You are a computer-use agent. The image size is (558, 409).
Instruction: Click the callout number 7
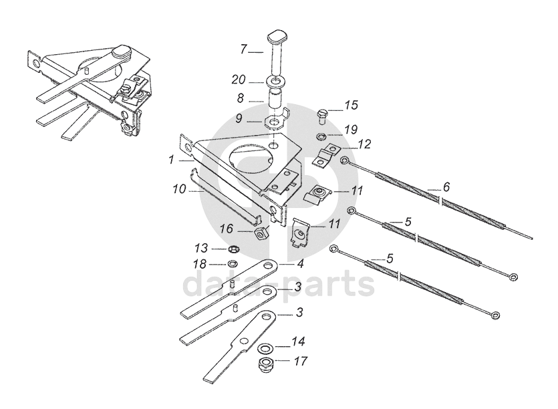[x=244, y=49]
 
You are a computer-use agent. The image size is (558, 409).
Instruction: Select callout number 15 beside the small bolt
[x=351, y=105]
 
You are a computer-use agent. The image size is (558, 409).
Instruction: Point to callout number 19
[x=351, y=129]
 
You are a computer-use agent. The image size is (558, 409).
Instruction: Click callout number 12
[x=364, y=144]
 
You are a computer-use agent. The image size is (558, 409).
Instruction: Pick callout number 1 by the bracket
[x=172, y=160]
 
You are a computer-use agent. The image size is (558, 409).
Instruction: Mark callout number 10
[x=178, y=189]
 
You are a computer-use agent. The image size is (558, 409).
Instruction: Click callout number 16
[x=227, y=228]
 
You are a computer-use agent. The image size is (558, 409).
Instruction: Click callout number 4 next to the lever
[x=301, y=264]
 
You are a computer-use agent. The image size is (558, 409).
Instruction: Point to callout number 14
[x=298, y=342]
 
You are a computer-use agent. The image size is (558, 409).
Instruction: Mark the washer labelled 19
[x=323, y=136]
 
